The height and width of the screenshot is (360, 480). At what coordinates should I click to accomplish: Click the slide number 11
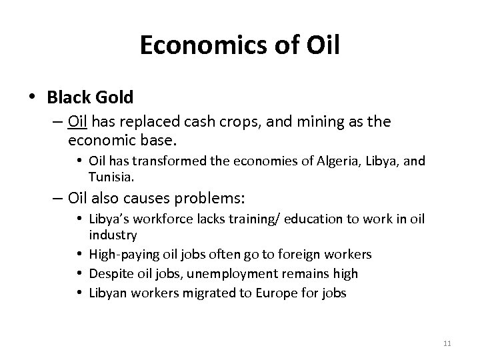(x=447, y=343)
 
